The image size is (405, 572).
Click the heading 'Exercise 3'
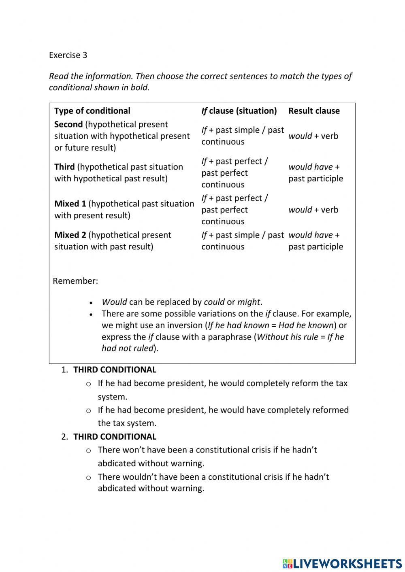68,55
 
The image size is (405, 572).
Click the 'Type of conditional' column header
92,111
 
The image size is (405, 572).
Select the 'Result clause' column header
314,111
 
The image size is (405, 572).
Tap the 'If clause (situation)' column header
239,111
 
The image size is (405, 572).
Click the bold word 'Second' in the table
68,124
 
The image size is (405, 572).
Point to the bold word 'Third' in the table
64,167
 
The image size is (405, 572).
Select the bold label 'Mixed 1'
70,204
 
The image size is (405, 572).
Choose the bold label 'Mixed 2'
70,235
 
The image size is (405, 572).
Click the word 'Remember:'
75,281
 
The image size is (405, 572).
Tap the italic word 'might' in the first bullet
249,302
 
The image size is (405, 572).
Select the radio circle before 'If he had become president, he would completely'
89,384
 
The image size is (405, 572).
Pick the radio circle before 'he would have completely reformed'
89,410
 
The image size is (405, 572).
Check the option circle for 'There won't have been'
89,451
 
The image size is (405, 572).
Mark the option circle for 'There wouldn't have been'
89,478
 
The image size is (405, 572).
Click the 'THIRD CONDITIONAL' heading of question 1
115,370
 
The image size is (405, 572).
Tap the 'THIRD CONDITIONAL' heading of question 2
115,437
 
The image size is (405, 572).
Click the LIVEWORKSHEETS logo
342,563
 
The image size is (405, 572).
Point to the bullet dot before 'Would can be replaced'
92,303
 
